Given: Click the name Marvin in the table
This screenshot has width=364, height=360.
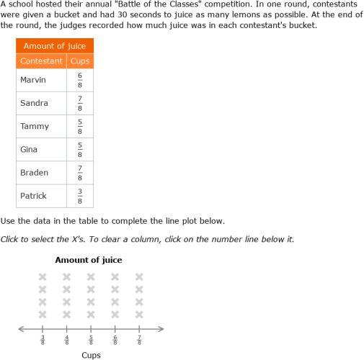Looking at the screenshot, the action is point(33,80).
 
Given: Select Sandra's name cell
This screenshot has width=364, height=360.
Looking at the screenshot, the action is point(35,103).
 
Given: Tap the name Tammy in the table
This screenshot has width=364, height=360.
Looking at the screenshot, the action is point(35,126).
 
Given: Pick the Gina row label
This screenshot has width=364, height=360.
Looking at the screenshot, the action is point(30,149).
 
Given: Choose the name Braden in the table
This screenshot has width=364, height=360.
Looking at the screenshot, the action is point(35,172).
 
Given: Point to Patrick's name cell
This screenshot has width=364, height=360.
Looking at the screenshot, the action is point(34,195).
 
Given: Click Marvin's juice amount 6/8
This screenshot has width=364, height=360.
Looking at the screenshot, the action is point(80,80).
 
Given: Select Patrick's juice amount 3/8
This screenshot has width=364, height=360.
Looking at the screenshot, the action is point(80,195).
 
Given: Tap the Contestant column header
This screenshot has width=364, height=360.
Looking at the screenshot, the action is point(41,61).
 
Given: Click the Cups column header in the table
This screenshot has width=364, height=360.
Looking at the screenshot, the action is point(80,61).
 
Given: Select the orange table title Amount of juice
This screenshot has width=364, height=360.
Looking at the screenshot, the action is point(55,46).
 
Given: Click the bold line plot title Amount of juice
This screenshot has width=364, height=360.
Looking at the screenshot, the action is point(89,260).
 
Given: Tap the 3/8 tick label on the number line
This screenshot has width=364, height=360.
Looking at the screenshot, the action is point(43,339).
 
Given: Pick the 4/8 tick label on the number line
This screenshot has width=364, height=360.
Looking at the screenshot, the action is point(67,339).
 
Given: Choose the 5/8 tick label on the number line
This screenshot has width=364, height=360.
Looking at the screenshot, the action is point(91,339).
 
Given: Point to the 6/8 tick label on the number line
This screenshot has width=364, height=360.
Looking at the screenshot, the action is point(115,339).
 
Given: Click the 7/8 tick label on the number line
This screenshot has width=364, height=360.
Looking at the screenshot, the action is point(139,339).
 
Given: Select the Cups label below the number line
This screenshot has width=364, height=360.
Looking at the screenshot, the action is point(91,355).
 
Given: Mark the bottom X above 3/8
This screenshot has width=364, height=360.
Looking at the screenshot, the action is point(43,314).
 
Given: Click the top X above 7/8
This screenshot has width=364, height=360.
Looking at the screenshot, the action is point(139,276).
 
